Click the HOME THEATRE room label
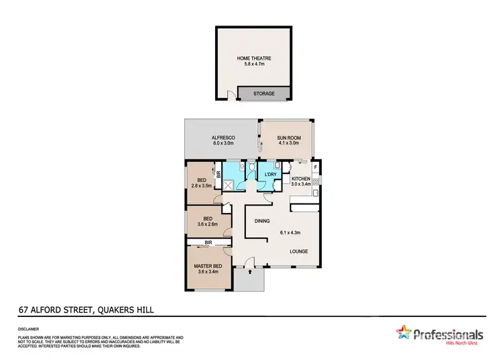(x=253, y=59)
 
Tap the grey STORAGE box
(x=263, y=93)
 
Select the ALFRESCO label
(x=222, y=138)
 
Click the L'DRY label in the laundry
(x=271, y=175)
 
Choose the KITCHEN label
(x=300, y=178)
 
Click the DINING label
(x=262, y=221)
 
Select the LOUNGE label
(x=298, y=252)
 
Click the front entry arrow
(x=249, y=272)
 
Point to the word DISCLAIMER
(x=29, y=328)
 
